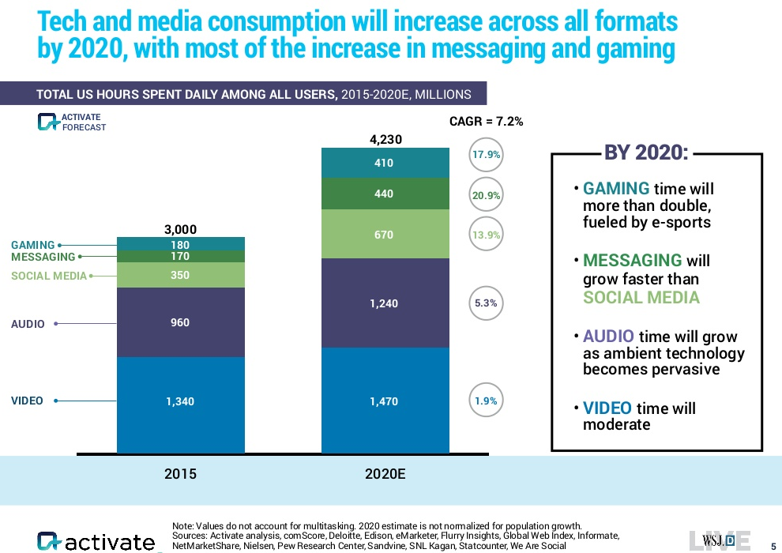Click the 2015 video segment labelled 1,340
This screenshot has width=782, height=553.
tap(180, 401)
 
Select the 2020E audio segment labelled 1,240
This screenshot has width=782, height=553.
tap(383, 303)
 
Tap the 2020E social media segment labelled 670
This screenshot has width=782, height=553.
tap(383, 235)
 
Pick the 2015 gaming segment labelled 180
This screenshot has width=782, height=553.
tap(180, 245)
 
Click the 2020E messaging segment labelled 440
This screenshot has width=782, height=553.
tap(383, 194)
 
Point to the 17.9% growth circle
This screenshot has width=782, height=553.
tap(486, 156)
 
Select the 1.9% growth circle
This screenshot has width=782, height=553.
tap(486, 401)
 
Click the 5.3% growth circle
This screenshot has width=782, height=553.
tap(486, 303)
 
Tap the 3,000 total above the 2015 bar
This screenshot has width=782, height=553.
tap(180, 229)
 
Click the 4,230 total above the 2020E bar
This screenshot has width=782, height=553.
tap(386, 139)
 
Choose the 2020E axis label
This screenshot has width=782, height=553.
tap(386, 475)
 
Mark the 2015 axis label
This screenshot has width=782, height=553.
tap(180, 475)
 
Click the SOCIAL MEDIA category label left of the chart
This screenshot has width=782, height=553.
tap(48, 276)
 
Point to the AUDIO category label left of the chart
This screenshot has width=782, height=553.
tap(28, 324)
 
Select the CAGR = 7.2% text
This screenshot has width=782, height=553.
tap(486, 122)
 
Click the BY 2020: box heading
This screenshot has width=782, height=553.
tap(646, 153)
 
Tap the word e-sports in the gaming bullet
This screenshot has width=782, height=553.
tap(682, 222)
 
